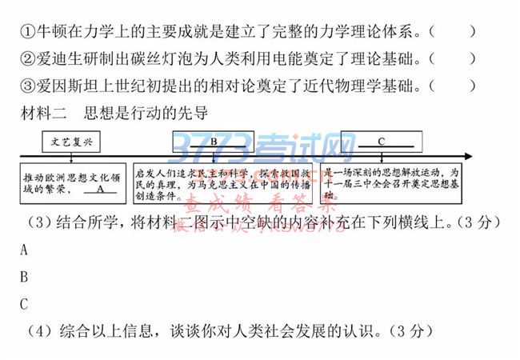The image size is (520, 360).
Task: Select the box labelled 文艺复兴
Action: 72,142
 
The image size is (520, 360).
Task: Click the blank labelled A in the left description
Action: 98,190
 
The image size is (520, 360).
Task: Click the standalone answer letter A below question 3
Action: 24,250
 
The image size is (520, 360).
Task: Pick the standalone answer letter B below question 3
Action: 24,277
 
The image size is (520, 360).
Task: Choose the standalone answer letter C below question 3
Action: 24,304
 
